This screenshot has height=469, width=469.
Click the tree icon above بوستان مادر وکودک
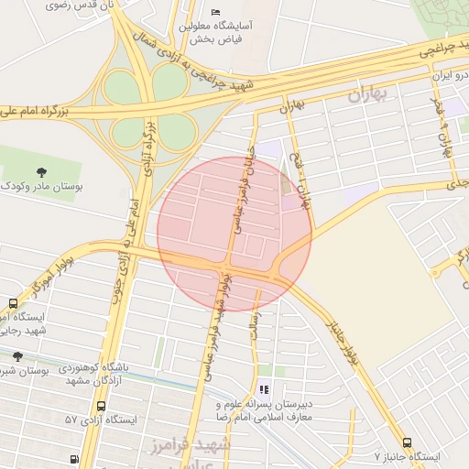(41, 170)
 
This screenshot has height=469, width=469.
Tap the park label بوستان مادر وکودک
(41, 186)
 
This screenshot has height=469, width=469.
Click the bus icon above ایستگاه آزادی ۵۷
(101, 405)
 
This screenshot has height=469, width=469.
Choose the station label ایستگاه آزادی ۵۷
(100, 420)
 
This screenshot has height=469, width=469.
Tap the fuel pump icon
(71, 460)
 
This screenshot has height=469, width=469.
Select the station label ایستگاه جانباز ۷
(407, 455)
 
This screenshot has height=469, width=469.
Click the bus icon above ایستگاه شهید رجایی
(13, 303)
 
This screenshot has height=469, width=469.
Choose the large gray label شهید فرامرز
(192, 444)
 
